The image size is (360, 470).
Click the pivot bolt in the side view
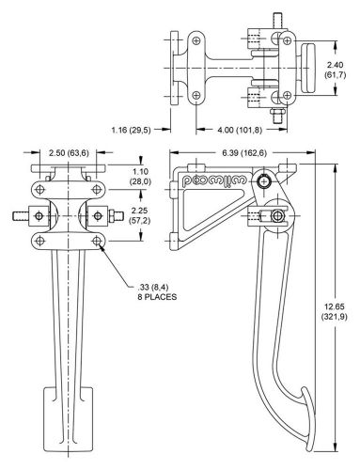[267, 180]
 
